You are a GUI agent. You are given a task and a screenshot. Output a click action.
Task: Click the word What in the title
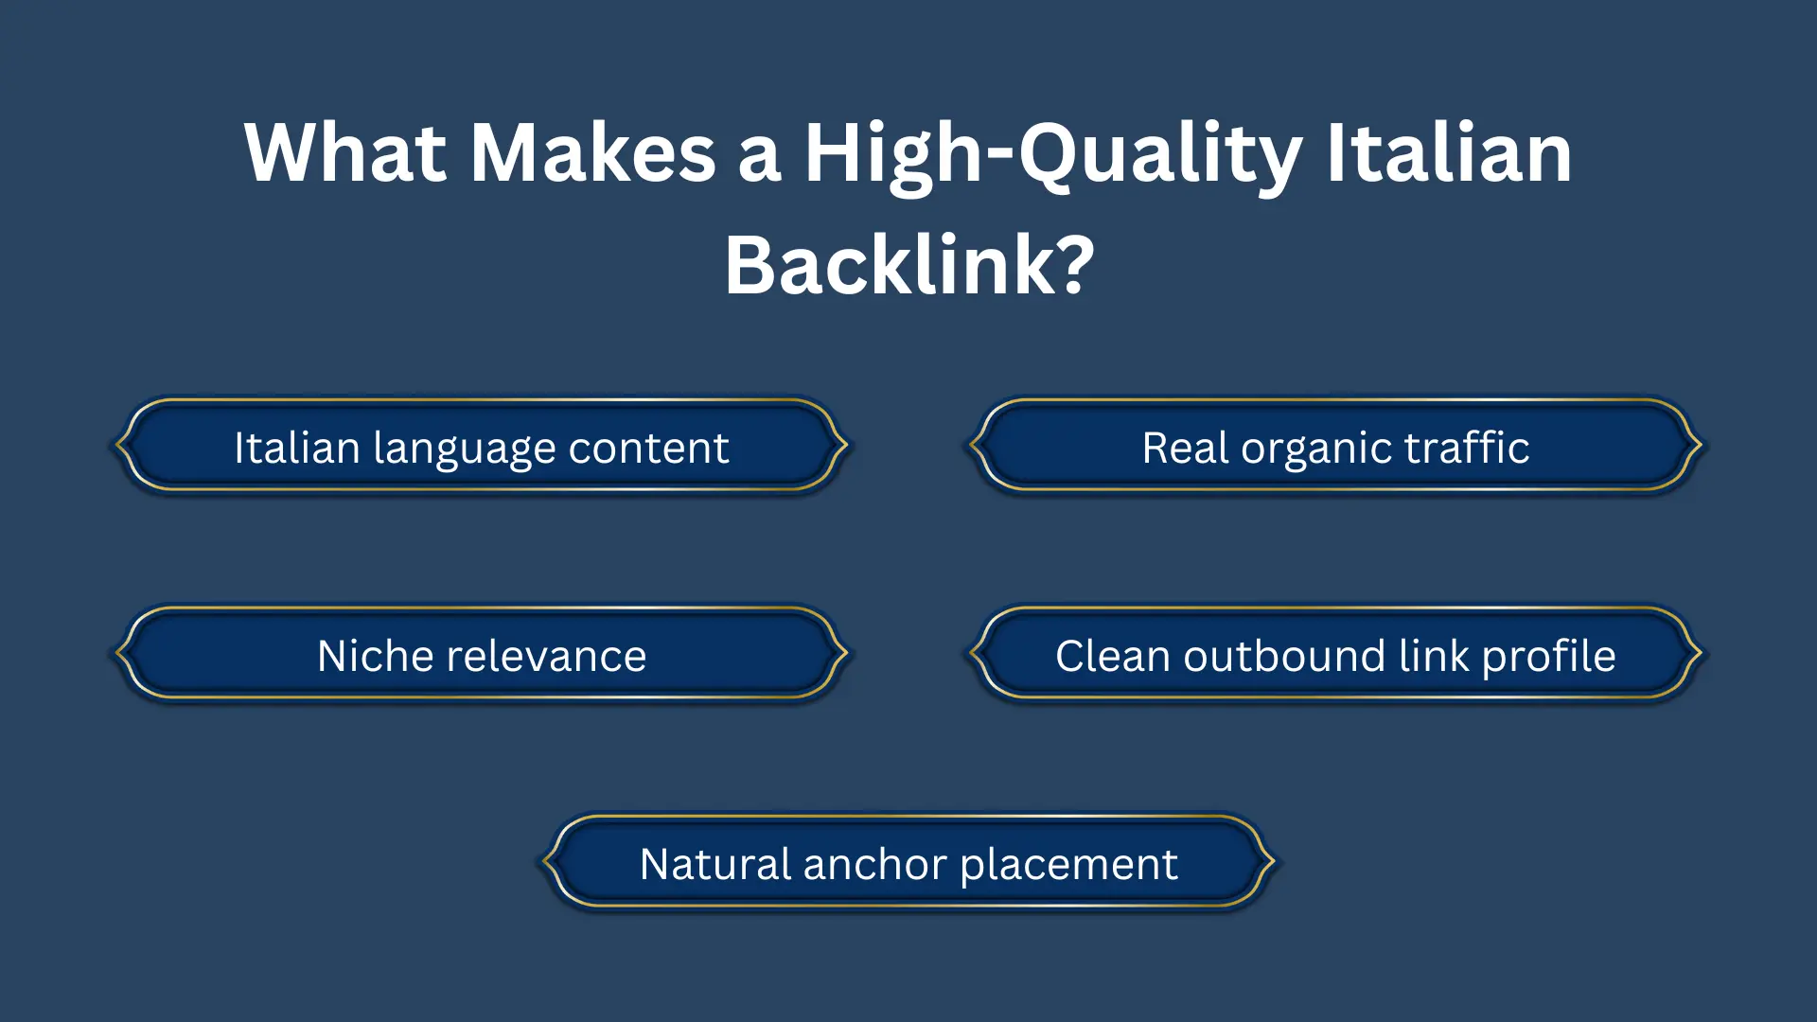(x=344, y=153)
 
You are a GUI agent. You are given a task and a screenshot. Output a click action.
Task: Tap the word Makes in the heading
(x=593, y=153)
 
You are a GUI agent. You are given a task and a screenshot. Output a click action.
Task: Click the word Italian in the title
(x=1448, y=153)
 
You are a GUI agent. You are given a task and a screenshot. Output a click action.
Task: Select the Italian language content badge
(x=481, y=447)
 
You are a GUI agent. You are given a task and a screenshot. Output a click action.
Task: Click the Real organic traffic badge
(x=1334, y=447)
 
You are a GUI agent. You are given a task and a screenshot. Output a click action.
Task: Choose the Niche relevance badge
(x=481, y=655)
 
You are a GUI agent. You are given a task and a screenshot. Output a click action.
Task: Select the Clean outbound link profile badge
(x=1334, y=655)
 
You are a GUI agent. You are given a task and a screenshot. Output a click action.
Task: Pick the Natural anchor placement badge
(x=908, y=863)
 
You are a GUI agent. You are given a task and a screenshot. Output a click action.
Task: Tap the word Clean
(x=1112, y=655)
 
